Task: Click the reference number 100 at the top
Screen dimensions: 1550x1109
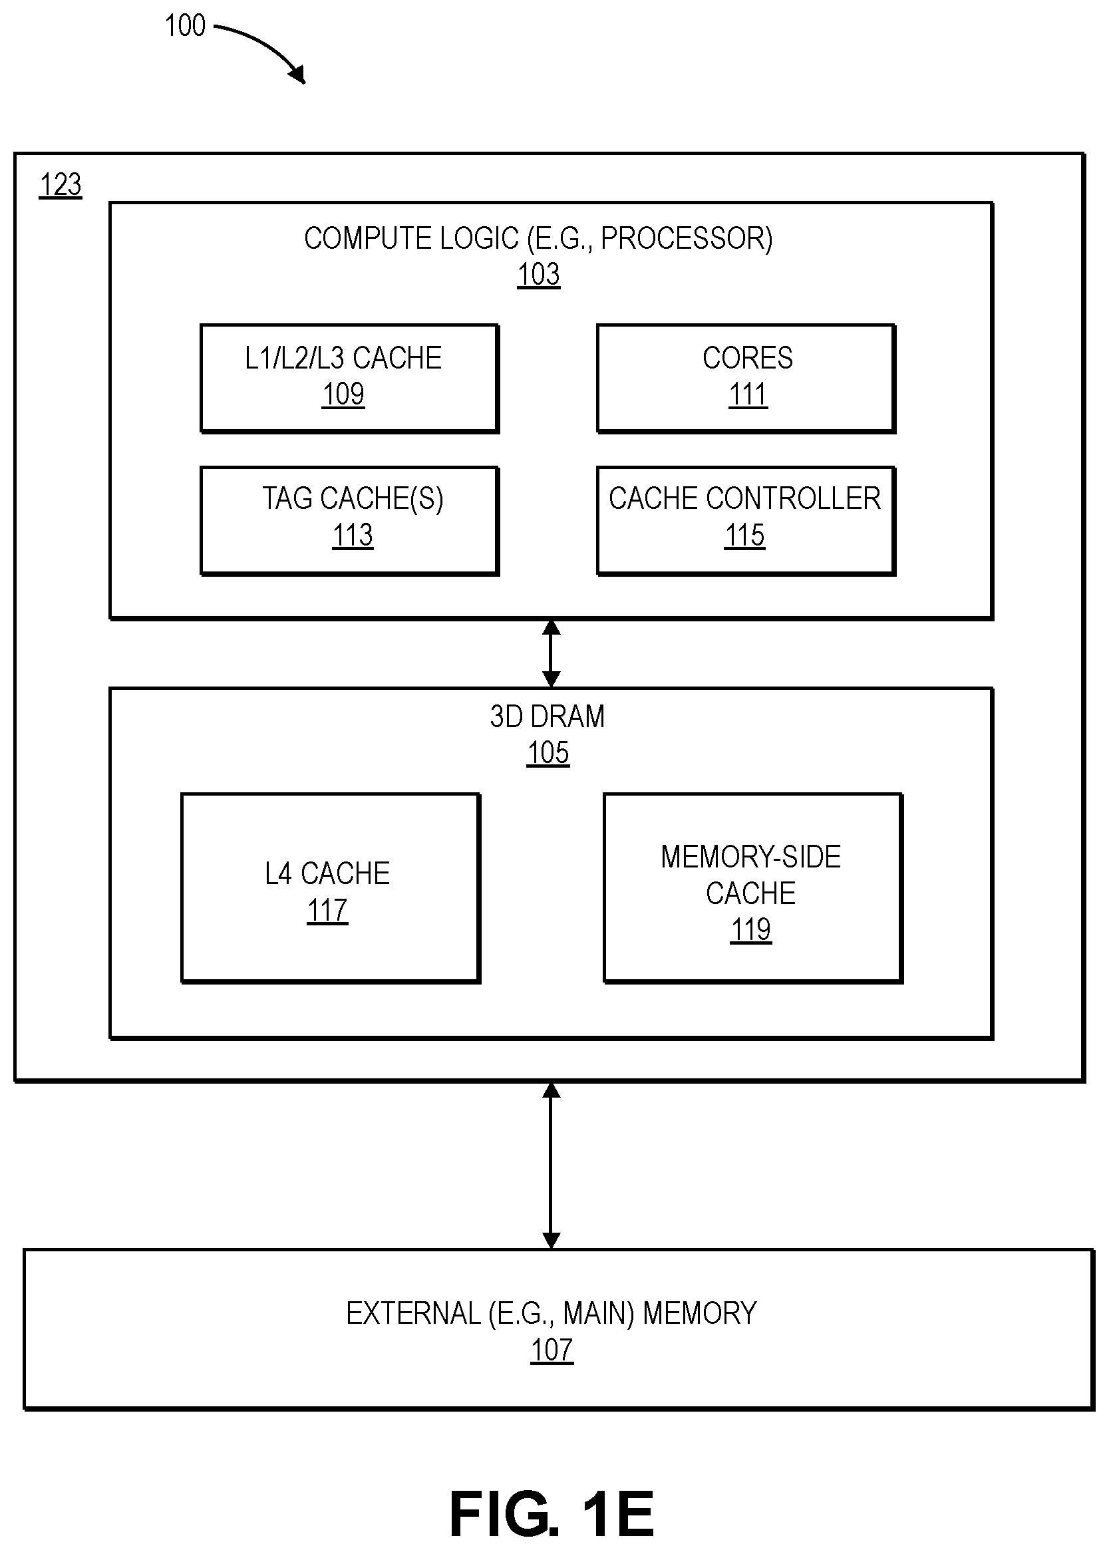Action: [x=184, y=26]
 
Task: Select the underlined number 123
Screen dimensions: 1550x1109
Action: [x=61, y=185]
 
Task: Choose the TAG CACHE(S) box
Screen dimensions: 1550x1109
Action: [x=349, y=520]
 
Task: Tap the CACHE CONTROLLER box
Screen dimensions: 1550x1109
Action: [x=746, y=520]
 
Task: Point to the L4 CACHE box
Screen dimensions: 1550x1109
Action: [x=331, y=887]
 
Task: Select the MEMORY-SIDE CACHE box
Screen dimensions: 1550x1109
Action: [x=752, y=887]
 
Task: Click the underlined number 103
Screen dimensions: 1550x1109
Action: [x=539, y=275]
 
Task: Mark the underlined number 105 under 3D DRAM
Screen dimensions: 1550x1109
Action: [x=548, y=753]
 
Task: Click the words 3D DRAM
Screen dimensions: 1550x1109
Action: [x=548, y=717]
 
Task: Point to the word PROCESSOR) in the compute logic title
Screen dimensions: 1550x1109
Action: [x=687, y=238]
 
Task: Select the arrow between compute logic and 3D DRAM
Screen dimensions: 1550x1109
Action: [x=551, y=653]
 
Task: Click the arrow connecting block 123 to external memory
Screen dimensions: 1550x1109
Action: [x=551, y=1165]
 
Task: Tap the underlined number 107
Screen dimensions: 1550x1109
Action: [x=552, y=1350]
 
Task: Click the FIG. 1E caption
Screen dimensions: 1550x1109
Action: [x=552, y=1514]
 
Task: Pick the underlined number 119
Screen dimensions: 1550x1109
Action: [x=751, y=930]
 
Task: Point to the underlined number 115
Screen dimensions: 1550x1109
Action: [x=744, y=536]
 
